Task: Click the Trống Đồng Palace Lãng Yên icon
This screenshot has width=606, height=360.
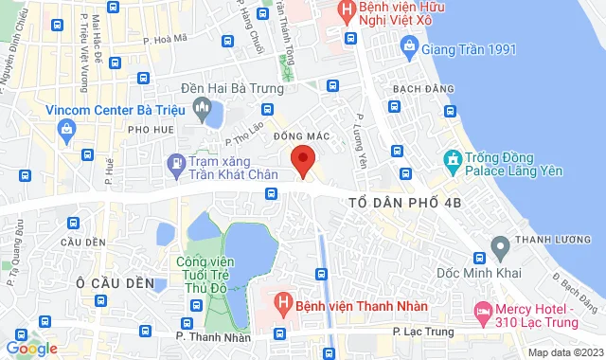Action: (452, 158)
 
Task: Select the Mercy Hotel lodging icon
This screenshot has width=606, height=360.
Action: (483, 310)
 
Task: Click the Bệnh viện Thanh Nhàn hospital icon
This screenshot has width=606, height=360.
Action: (281, 304)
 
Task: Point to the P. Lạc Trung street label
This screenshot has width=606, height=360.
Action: (423, 333)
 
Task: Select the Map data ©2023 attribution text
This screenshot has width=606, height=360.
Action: (563, 352)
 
